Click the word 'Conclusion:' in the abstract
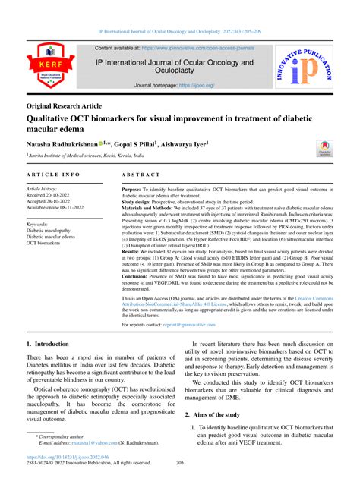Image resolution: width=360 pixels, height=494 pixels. click(139, 278)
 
